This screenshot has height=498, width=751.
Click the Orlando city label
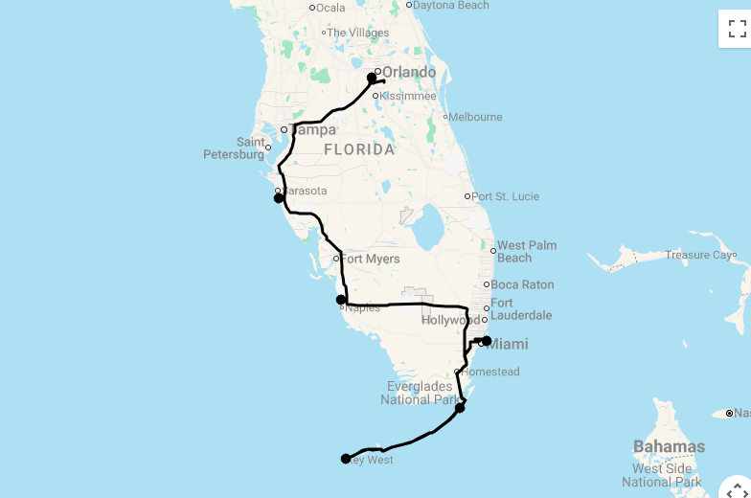(409, 72)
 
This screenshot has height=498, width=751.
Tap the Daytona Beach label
(450, 5)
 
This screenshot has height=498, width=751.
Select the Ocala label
(330, 8)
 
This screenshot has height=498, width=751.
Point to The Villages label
(362, 33)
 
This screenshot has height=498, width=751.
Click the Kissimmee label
(408, 96)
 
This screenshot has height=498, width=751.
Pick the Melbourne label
(475, 117)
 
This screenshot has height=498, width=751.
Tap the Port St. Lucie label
(505, 196)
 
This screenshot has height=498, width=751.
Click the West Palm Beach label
(526, 251)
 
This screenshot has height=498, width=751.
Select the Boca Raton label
(522, 284)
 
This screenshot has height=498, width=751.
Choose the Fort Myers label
(371, 259)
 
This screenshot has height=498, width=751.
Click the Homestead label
(490, 372)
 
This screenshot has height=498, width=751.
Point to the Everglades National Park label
(421, 393)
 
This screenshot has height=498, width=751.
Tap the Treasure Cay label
(699, 255)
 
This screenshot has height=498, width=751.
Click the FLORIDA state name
(359, 149)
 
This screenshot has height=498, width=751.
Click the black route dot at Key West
(346, 459)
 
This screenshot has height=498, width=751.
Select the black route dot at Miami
(486, 341)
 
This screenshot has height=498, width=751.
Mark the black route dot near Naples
(341, 300)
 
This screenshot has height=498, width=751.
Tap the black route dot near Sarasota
(279, 198)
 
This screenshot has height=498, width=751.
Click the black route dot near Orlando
(372, 79)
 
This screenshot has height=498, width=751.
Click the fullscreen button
(737, 28)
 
